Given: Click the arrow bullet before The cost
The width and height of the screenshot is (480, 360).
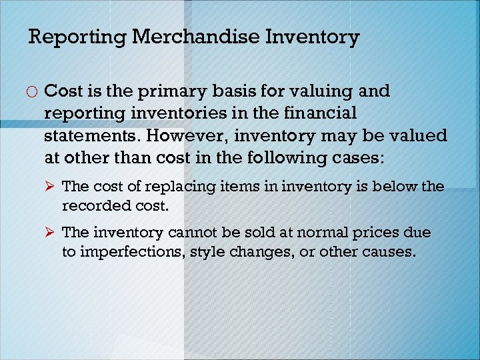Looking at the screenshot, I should (x=52, y=187).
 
